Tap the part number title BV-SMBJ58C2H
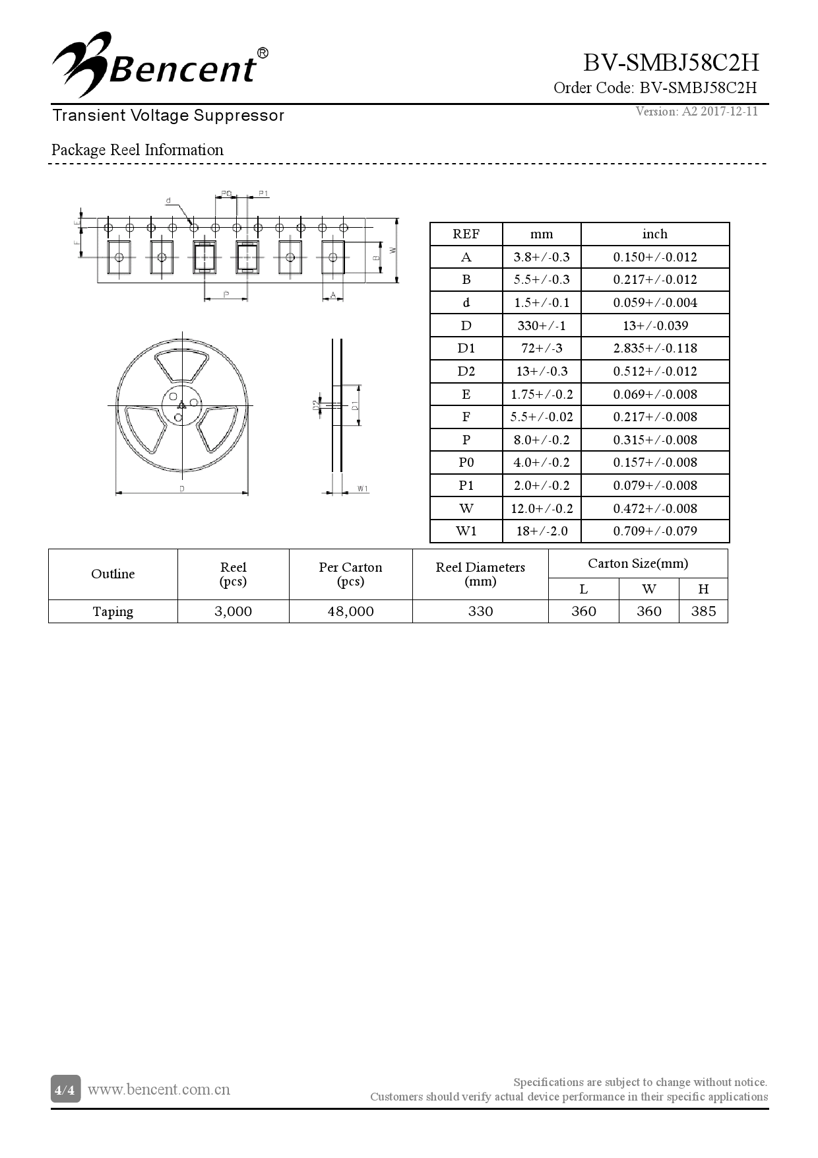(670, 63)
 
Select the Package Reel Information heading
(137, 150)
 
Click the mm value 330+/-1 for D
(541, 325)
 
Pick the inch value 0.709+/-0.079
(654, 531)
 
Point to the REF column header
(466, 234)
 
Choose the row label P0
(466, 462)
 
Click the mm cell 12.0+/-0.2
(541, 508)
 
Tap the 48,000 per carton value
(350, 611)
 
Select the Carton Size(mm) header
(637, 563)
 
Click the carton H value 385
(703, 611)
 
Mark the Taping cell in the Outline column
(113, 611)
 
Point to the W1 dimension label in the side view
(363, 489)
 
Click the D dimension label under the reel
(181, 489)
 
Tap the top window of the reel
(181, 365)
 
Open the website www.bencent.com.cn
(159, 1089)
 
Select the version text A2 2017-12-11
(697, 111)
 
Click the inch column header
(654, 234)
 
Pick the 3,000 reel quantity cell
(233, 611)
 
